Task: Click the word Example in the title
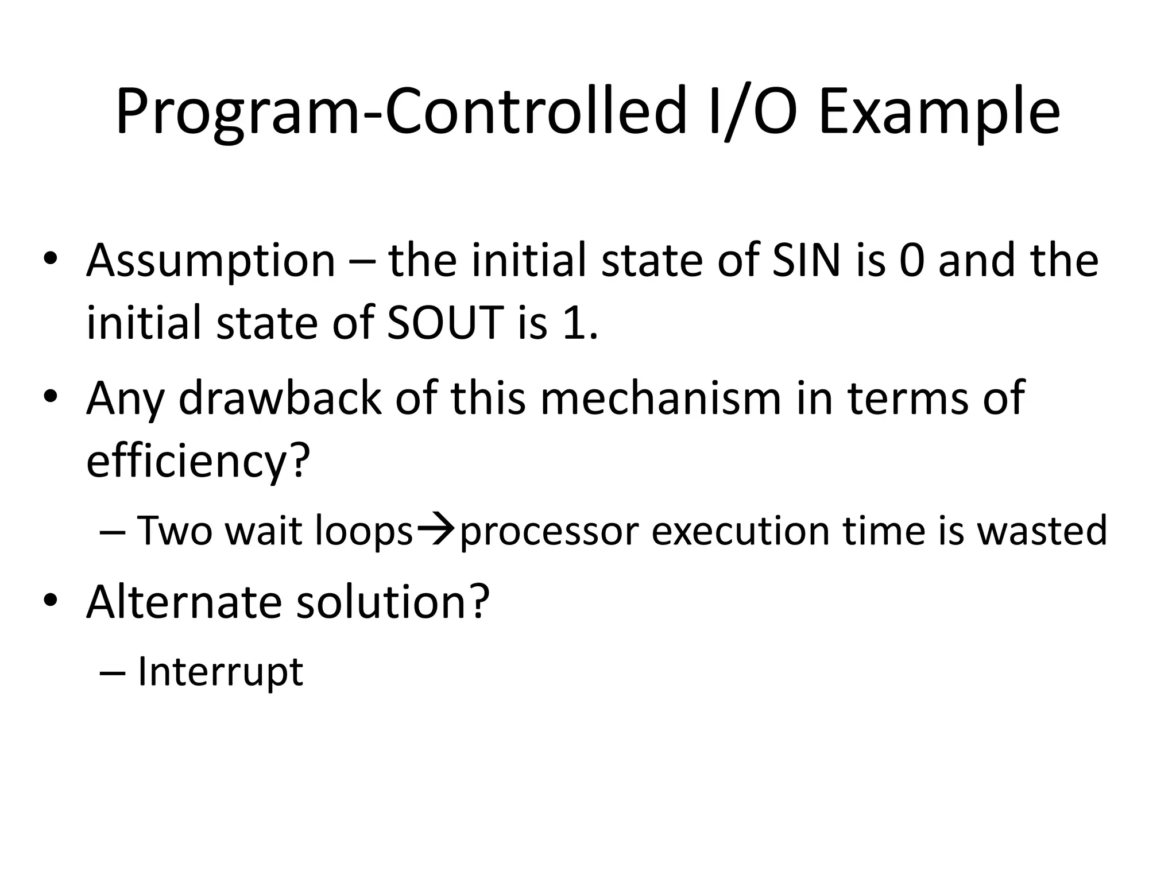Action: coord(939,112)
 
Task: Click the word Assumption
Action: coord(211,261)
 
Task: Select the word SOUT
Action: coord(446,323)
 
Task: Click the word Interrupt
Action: coord(220,672)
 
